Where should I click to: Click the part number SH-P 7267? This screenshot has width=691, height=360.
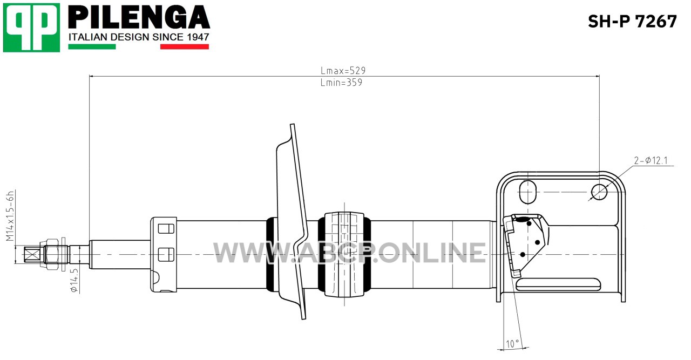pyautogui.click(x=632, y=22)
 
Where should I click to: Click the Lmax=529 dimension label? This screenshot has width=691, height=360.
pyautogui.click(x=343, y=71)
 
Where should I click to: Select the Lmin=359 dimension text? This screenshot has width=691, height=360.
pyautogui.click(x=341, y=83)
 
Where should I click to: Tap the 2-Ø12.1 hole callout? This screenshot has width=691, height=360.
pyautogui.click(x=651, y=160)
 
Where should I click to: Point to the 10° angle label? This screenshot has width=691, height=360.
pyautogui.click(x=512, y=344)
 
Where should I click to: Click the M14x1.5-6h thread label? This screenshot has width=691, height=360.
pyautogui.click(x=10, y=216)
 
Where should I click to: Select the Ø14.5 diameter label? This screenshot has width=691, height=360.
pyautogui.click(x=74, y=281)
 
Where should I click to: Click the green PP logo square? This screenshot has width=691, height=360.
pyautogui.click(x=31, y=28)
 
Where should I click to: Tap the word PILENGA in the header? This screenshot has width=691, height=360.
pyautogui.click(x=139, y=17)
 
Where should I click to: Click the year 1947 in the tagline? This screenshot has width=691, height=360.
pyautogui.click(x=198, y=37)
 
